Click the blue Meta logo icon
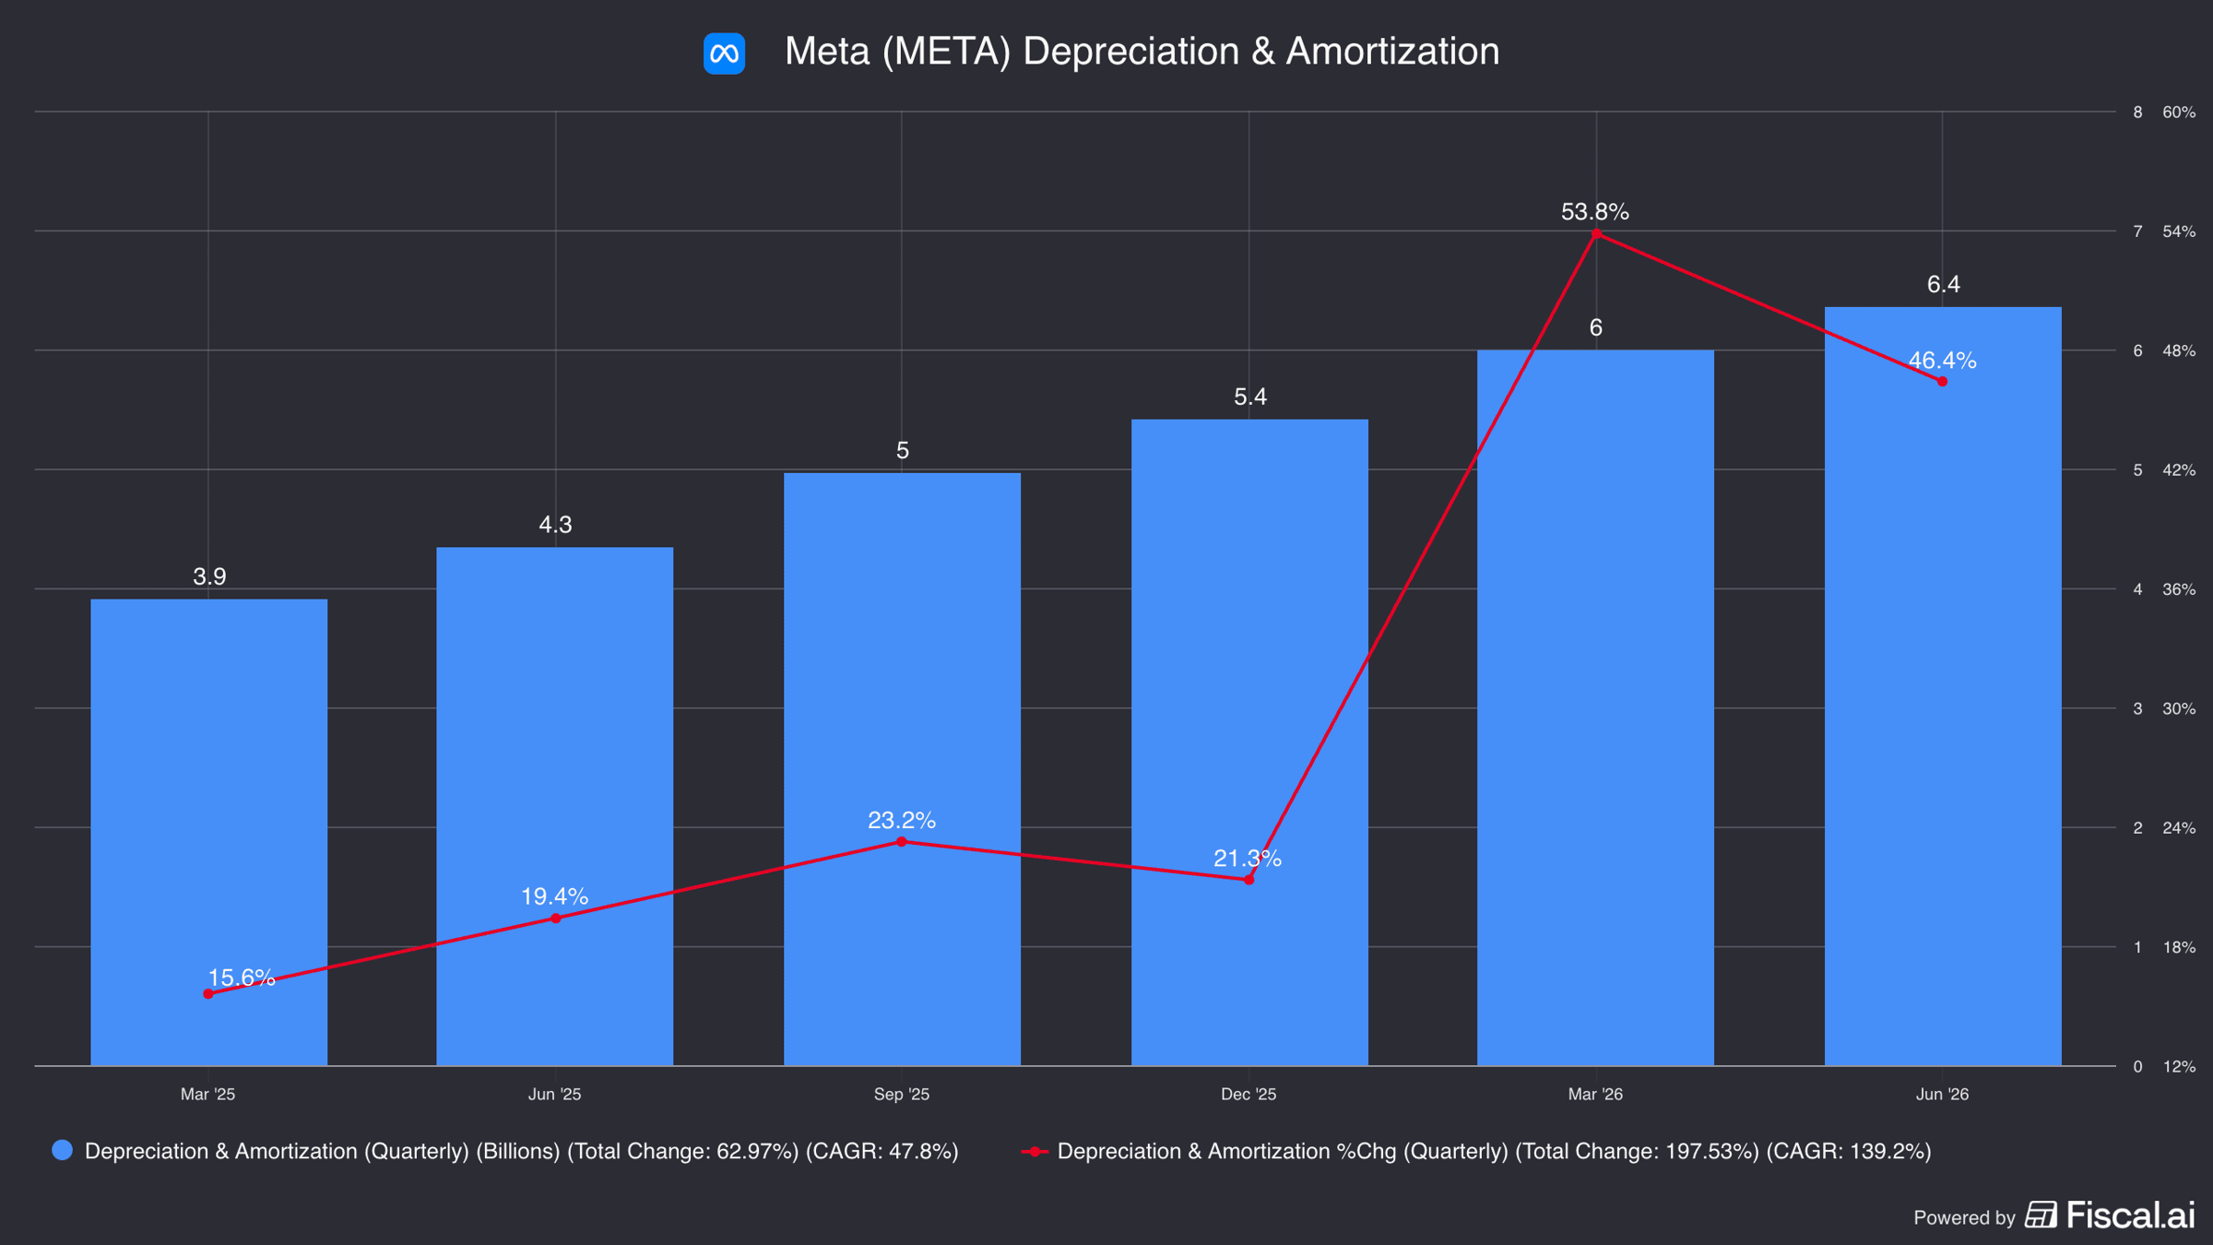click(724, 53)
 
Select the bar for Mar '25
click(209, 832)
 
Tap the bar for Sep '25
click(902, 769)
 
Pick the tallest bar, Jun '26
click(1943, 686)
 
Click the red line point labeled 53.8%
click(1596, 234)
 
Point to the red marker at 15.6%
click(208, 994)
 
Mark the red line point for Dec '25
click(1249, 880)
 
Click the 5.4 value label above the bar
click(1250, 397)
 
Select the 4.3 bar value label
click(555, 525)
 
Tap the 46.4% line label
click(1942, 361)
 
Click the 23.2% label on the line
click(902, 820)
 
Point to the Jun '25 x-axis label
click(555, 1095)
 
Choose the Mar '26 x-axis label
click(1596, 1095)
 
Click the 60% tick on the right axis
click(2179, 113)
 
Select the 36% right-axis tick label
click(2179, 589)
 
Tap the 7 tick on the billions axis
click(2137, 231)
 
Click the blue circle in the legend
click(63, 1150)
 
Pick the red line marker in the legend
click(1035, 1151)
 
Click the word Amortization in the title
click(1393, 52)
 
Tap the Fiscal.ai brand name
click(2131, 1215)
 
